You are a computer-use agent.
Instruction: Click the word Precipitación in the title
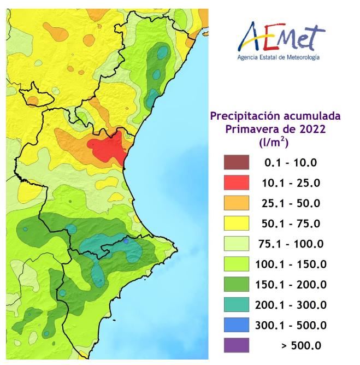click(242, 116)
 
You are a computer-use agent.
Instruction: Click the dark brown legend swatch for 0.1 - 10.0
click(236, 162)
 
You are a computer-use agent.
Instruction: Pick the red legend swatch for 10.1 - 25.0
click(236, 182)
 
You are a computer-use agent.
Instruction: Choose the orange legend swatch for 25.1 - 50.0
click(236, 203)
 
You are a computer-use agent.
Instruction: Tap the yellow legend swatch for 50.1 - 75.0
click(236, 223)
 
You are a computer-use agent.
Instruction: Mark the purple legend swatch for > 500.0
click(236, 345)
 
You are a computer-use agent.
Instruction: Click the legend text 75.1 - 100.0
click(291, 244)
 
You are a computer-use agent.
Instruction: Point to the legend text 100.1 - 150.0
click(291, 264)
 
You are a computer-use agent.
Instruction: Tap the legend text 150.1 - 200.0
click(291, 285)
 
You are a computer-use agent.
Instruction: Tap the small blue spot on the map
click(126, 240)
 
